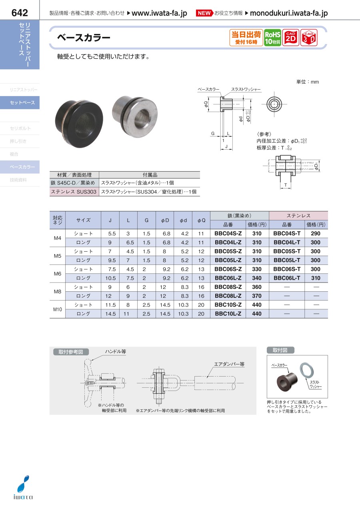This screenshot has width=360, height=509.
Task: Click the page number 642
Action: click(x=20, y=13)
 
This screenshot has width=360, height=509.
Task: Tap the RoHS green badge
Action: click(x=272, y=38)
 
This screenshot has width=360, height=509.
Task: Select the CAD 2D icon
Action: click(x=290, y=38)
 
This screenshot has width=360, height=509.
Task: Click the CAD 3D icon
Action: click(x=309, y=38)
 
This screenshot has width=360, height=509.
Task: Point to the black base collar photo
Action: click(x=79, y=124)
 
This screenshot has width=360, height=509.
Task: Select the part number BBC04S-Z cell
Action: click(x=228, y=233)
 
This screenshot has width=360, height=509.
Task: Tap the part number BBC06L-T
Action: click(x=287, y=278)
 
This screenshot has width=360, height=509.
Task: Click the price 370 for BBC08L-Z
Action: click(x=257, y=296)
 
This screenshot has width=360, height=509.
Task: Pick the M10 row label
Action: click(x=58, y=309)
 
